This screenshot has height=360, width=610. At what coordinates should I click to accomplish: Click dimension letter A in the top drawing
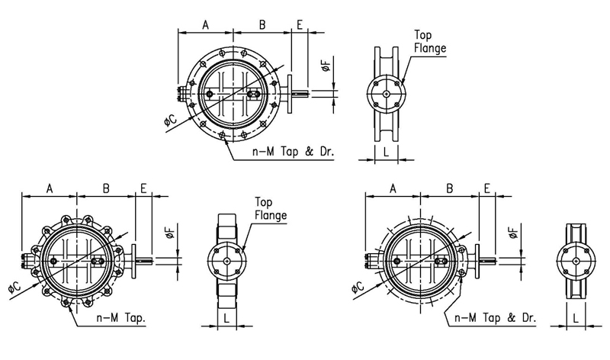(x=205, y=25)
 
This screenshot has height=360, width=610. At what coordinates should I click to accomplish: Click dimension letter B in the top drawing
(x=262, y=25)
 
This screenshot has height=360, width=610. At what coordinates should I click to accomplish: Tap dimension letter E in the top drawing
(x=300, y=25)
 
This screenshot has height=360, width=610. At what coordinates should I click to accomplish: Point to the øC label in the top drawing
(x=170, y=120)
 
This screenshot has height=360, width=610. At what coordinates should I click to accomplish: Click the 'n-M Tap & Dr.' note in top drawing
(x=294, y=151)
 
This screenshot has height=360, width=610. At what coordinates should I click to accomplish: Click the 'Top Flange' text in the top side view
(x=429, y=42)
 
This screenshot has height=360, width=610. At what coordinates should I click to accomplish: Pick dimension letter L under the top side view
(x=386, y=151)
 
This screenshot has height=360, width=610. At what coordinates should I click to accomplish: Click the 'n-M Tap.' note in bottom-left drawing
(x=121, y=318)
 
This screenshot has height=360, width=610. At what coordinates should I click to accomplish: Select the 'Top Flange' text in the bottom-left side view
(x=271, y=209)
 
